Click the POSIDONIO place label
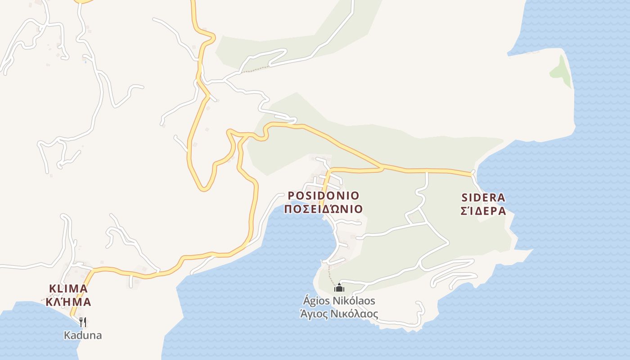(x=324, y=196)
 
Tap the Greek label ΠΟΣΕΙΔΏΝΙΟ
(x=324, y=209)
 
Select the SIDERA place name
(x=484, y=198)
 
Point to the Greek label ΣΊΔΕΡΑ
(x=484, y=211)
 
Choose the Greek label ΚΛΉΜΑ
(x=68, y=302)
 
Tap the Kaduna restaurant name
(x=82, y=335)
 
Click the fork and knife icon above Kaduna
(x=82, y=322)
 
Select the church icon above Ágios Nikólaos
(x=339, y=288)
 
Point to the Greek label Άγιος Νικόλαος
(x=339, y=314)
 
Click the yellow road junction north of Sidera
(x=472, y=173)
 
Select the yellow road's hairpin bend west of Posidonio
(x=204, y=188)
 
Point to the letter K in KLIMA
(x=52, y=288)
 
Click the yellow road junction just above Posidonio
(x=382, y=168)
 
